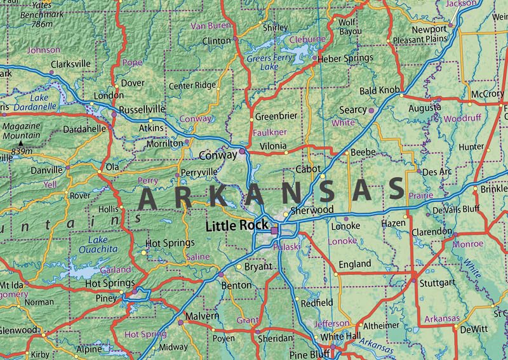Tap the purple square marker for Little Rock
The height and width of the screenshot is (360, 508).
[274, 231]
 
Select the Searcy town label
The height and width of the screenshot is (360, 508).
[353, 110]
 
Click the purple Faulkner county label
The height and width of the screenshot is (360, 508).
[270, 133]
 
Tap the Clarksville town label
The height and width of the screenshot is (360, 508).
[70, 64]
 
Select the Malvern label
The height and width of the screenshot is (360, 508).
[202, 316]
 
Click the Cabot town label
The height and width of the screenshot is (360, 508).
[309, 170]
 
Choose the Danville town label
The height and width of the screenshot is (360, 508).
[48, 171]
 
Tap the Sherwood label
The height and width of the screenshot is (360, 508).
[311, 210]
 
